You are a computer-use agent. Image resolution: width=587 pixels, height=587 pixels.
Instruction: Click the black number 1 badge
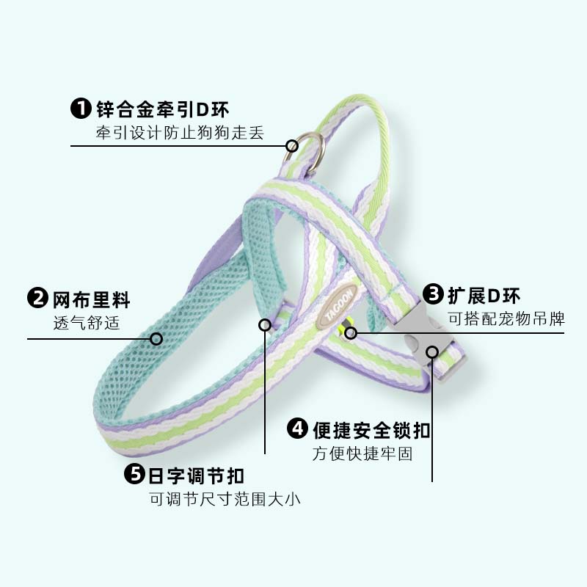click(81, 109)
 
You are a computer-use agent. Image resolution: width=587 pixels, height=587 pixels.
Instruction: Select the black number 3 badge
click(435, 296)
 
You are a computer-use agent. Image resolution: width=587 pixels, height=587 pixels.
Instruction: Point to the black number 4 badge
click(297, 429)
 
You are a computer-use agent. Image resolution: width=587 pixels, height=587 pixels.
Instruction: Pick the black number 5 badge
click(135, 474)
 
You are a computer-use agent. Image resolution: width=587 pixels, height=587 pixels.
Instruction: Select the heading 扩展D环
click(484, 296)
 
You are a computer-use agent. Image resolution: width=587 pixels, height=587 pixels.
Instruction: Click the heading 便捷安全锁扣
click(371, 429)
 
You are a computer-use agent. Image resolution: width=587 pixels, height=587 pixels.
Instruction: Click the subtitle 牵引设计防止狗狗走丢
click(179, 133)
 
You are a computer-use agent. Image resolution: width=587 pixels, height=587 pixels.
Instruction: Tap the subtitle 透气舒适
click(86, 323)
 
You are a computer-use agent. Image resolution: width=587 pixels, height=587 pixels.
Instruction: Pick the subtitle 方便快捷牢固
click(362, 453)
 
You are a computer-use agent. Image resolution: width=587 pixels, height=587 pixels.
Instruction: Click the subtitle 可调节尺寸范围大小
click(225, 499)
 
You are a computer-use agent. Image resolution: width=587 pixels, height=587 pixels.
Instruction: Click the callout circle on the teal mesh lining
click(156, 338)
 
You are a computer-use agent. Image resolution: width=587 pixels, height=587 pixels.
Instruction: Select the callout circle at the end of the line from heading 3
click(351, 334)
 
